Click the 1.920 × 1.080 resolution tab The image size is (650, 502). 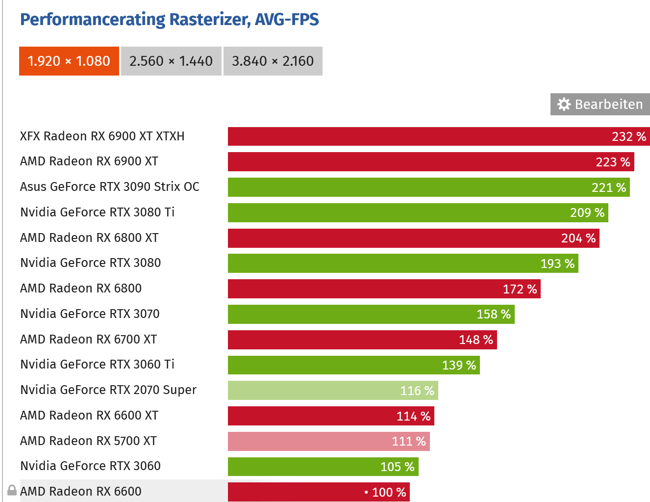(x=69, y=61)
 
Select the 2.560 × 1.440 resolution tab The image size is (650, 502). (x=171, y=61)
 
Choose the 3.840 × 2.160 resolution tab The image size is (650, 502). (x=273, y=61)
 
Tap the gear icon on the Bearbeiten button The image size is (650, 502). (x=564, y=105)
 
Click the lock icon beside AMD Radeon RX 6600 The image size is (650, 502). (x=12, y=490)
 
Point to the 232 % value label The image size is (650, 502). (x=629, y=136)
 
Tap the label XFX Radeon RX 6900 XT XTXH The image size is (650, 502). (x=102, y=136)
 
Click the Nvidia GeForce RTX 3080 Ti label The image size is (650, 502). (x=97, y=212)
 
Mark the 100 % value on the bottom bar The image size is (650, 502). (x=389, y=492)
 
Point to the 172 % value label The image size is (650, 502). (x=520, y=289)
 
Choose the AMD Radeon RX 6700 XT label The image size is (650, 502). (x=88, y=340)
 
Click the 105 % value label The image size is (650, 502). (x=397, y=467)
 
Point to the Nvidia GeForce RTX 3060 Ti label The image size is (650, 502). (x=97, y=365)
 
